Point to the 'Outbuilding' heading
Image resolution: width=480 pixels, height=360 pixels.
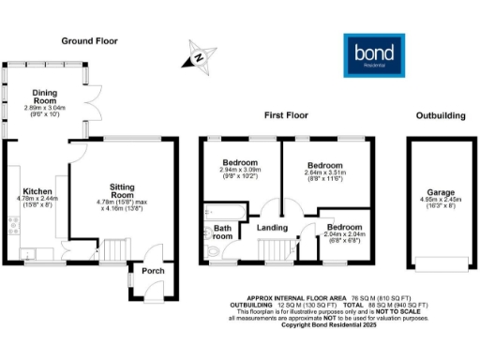coord(440,116)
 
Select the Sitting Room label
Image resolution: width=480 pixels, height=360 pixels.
coord(123,187)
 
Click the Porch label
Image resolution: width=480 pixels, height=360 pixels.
coord(152,271)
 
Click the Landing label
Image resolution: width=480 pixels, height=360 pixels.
coord(272,226)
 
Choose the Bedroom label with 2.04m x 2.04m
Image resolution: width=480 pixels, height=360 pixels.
coord(345,227)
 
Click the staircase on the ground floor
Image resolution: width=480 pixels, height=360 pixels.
coord(112,249)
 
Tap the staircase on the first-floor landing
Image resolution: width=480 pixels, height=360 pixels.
coord(276,250)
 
